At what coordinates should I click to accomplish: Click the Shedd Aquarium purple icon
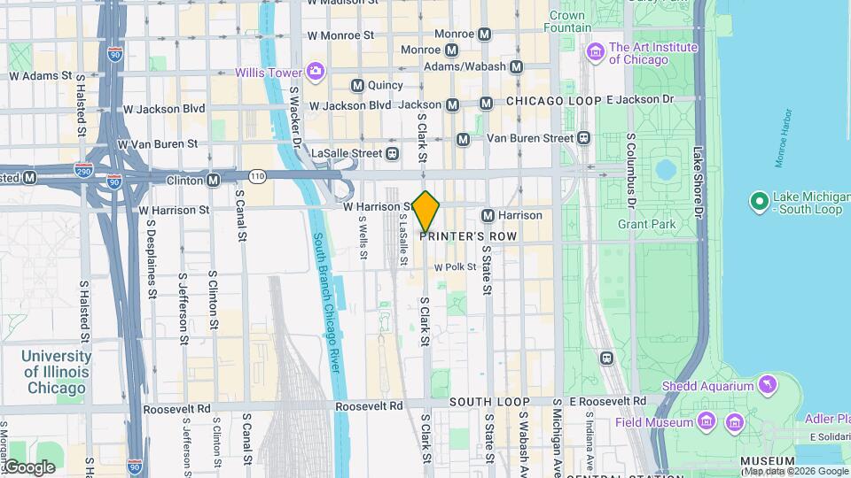point(768,385)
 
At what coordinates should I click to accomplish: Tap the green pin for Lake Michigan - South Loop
point(759,203)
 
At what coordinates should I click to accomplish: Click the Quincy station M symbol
point(357,86)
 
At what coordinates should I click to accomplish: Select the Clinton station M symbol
point(214,180)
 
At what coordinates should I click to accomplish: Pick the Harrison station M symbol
point(488,215)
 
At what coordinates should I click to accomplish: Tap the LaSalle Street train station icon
point(392,153)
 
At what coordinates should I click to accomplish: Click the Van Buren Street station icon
point(583,138)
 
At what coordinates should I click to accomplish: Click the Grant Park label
point(647,224)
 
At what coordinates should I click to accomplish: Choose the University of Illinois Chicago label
point(57,372)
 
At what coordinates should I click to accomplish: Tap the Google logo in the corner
point(28,466)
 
